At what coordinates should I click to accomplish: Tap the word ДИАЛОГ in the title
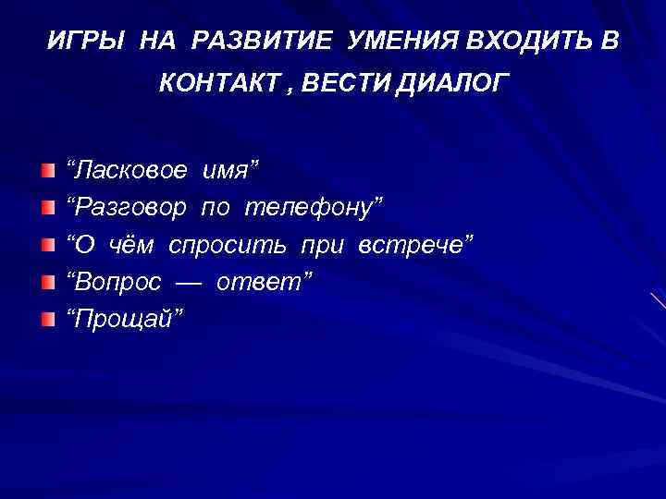point(452,85)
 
